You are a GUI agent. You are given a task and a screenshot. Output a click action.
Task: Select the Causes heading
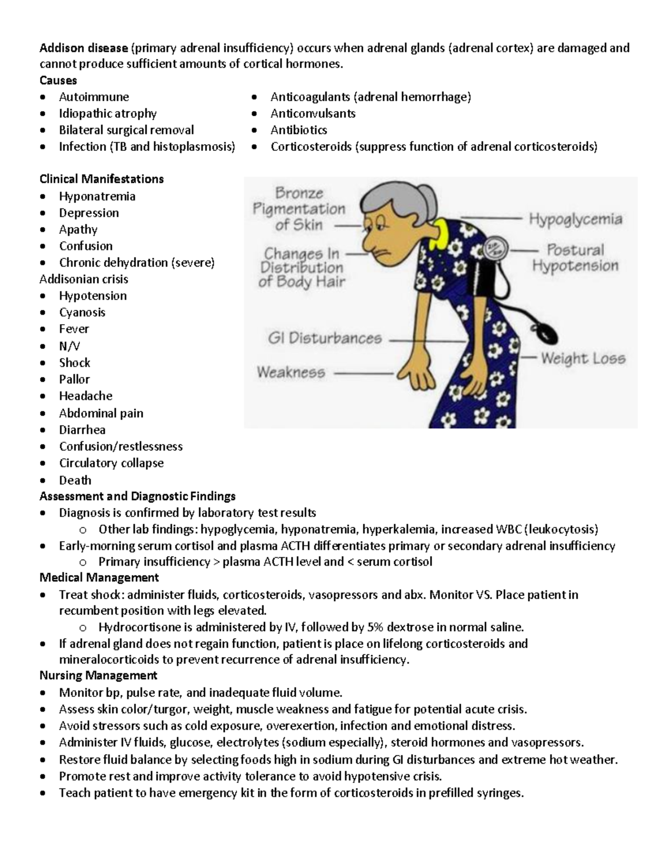[x=58, y=80]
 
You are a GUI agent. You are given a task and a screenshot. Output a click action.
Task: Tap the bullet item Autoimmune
[x=94, y=97]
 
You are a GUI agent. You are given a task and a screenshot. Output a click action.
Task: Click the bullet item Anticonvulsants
[x=313, y=113]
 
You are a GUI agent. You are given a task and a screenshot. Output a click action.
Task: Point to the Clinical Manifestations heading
[x=101, y=179]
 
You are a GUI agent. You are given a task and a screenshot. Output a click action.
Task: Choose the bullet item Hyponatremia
[x=97, y=197]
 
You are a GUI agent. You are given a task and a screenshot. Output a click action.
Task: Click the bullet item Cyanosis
[x=82, y=312]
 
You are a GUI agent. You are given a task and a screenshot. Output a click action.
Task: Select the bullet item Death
[x=75, y=480]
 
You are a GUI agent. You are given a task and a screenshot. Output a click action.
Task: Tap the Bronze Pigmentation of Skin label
[x=299, y=210]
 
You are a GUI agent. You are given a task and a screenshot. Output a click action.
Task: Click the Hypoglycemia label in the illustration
[x=575, y=219]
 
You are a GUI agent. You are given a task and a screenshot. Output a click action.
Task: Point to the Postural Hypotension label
[x=575, y=258]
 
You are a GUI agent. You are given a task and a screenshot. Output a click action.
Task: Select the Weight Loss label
[x=583, y=359]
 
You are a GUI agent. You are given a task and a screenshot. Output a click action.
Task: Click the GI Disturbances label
[x=325, y=339]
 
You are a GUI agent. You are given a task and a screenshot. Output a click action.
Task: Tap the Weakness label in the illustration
[x=291, y=372]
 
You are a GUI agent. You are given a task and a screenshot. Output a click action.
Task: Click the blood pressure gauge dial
[x=494, y=248]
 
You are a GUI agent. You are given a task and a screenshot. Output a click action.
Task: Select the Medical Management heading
[x=99, y=578]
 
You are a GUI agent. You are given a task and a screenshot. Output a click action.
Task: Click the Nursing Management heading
[x=98, y=676]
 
